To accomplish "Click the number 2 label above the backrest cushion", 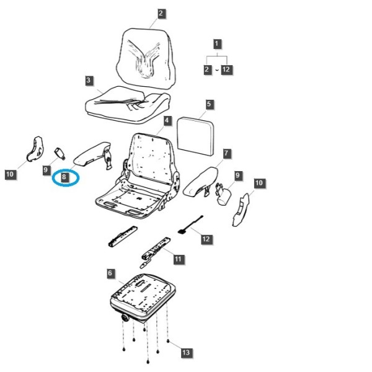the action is (161, 13).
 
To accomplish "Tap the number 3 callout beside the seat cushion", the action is (88, 80).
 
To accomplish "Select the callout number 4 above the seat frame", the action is (167, 120).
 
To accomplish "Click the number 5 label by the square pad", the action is (208, 104).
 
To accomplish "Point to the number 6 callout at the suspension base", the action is (110, 273).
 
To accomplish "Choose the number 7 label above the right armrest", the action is (226, 153).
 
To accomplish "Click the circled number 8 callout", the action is (64, 177).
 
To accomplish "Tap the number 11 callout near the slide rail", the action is (178, 259).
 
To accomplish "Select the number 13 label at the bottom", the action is (186, 353).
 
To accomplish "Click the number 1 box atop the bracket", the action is (216, 44).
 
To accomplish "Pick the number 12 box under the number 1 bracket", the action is (226, 69).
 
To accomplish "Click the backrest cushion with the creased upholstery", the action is (146, 58).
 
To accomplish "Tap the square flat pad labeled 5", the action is (195, 136).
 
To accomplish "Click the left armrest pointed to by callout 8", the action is (92, 154).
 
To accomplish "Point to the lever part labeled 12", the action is (190, 224).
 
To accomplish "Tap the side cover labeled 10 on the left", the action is (35, 149).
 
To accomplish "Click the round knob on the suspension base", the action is (125, 317).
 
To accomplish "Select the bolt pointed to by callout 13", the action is (168, 341).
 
